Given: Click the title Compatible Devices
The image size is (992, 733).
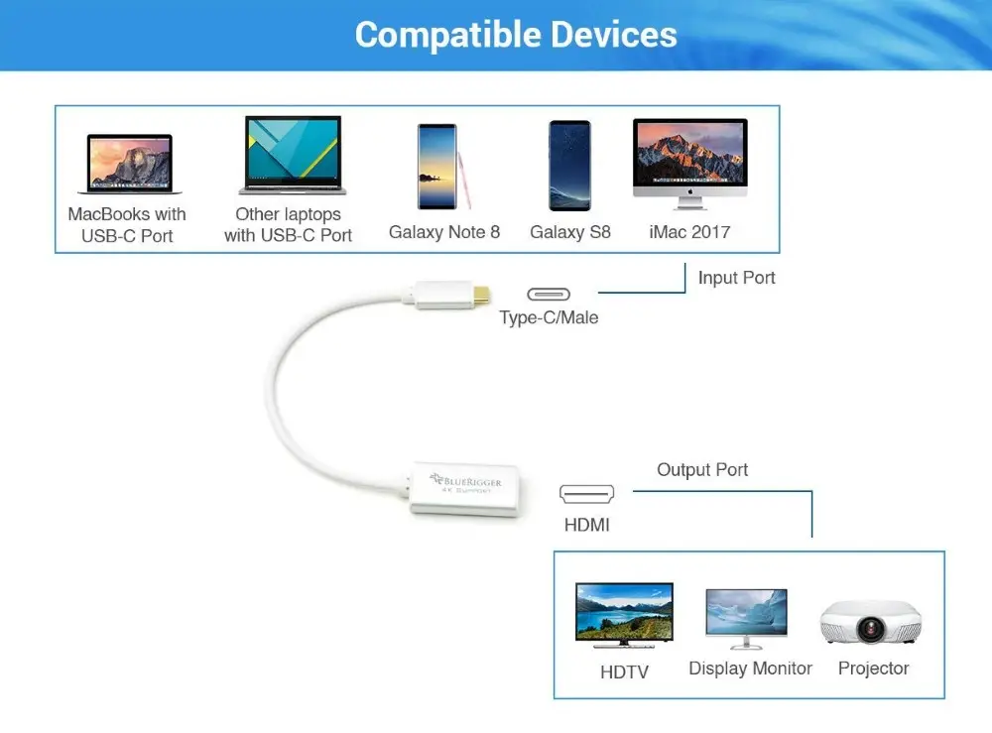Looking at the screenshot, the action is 516,35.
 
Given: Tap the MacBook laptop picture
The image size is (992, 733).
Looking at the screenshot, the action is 130,164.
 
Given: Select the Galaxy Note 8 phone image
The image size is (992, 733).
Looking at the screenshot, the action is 442,167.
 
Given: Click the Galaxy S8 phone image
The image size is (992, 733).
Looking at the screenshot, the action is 570,166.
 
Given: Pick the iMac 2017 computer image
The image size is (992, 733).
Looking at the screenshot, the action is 690,164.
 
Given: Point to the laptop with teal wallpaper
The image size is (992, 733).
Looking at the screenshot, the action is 293,155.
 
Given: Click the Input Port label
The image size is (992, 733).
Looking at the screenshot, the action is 736,278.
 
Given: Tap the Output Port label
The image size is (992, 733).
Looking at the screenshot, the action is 702,470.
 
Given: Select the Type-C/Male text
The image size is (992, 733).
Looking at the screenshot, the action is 549,316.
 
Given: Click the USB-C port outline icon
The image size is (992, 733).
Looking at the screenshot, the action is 549,294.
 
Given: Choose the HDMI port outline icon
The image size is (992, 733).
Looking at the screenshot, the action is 586,494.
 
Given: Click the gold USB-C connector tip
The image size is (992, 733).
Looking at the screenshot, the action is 481,295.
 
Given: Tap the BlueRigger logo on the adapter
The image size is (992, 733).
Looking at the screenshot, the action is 465,482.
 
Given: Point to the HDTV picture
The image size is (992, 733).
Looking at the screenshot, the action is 624,615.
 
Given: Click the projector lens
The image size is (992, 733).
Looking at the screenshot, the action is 871,629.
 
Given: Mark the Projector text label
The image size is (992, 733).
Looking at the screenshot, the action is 873,669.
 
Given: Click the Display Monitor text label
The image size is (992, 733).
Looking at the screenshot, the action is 750,669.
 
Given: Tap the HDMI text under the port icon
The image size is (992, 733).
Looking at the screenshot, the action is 587,525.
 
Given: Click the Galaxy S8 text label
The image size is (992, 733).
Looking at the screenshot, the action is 570,232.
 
